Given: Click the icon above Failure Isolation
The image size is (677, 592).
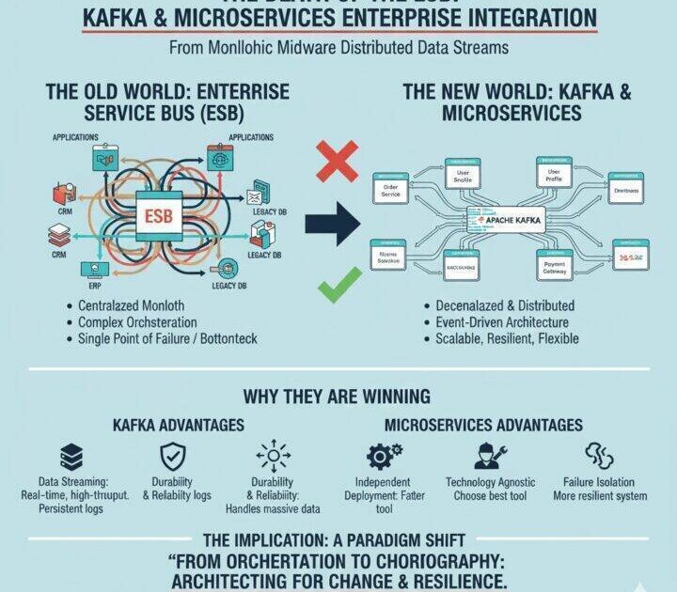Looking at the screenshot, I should pyautogui.click(x=598, y=456).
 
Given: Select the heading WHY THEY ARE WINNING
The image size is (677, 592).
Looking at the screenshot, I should pyautogui.click(x=338, y=396).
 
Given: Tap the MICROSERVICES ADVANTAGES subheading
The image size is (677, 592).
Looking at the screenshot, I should pyautogui.click(x=483, y=426).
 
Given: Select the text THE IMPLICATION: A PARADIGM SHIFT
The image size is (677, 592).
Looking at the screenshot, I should pyautogui.click(x=338, y=540).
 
